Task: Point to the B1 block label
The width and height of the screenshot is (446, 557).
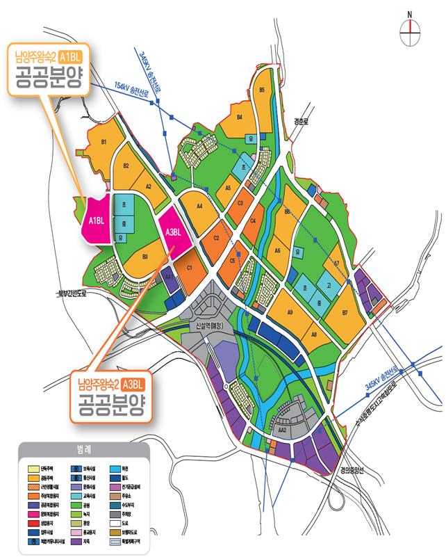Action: click(x=105, y=143)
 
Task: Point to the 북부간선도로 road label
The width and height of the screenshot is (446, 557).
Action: click(x=74, y=294)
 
